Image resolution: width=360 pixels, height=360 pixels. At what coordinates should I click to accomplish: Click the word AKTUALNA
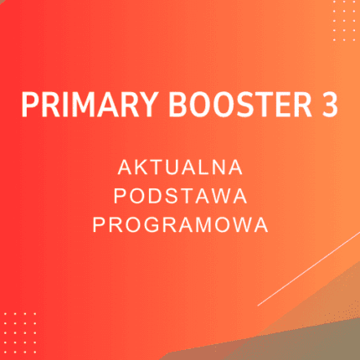click(181, 169)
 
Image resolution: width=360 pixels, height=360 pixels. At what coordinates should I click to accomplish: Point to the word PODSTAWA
click(181, 197)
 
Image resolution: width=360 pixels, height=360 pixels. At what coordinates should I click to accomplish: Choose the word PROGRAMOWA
click(181, 224)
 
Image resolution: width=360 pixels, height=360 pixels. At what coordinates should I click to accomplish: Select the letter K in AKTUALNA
click(137, 169)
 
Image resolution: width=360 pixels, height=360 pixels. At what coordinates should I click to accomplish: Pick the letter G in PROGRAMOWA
click(149, 224)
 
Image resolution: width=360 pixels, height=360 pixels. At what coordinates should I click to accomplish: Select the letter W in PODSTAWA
click(223, 197)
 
